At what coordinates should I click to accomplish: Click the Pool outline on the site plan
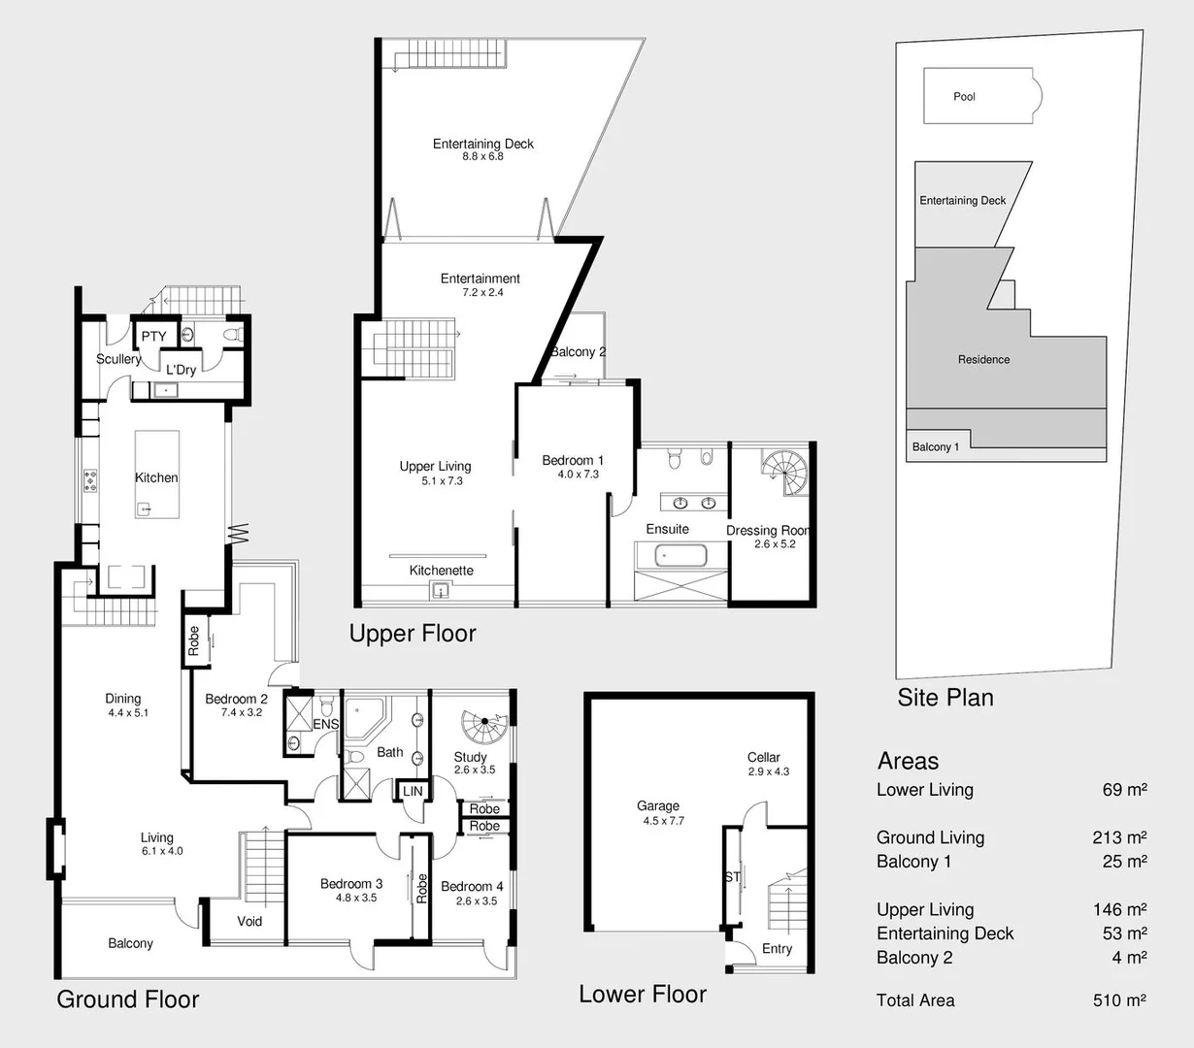980,96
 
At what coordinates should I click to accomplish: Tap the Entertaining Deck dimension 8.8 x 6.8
482,157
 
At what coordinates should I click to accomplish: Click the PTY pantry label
153,337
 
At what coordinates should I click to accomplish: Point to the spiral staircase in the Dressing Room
783,473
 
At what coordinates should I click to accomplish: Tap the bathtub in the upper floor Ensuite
680,556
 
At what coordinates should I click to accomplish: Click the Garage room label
658,805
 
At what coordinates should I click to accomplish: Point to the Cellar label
764,757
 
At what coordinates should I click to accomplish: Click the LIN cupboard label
413,791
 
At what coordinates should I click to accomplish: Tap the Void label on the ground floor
249,921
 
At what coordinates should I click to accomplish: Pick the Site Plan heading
945,697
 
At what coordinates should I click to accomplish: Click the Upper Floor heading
413,634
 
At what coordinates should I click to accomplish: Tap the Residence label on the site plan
983,359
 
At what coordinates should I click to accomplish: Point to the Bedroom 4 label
472,886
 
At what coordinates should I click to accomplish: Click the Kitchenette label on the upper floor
441,571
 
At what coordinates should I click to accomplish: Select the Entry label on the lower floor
777,949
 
